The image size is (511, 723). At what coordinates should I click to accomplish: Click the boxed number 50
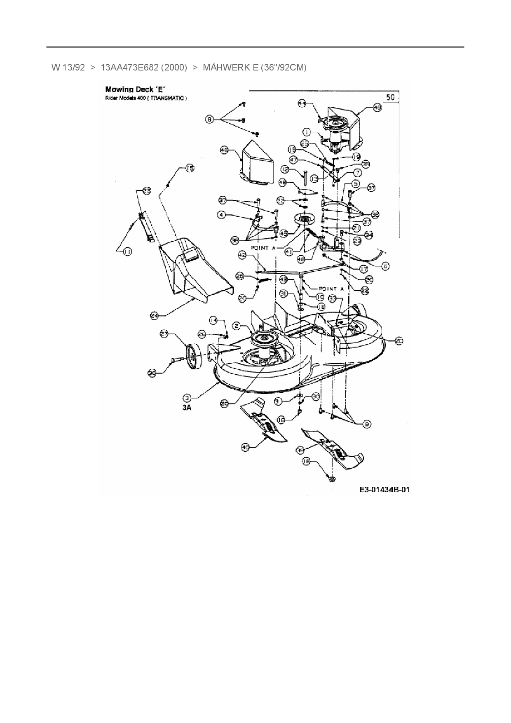[x=391, y=97]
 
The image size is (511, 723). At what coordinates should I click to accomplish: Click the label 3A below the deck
[x=188, y=408]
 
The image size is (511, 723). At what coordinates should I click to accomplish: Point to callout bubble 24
[x=154, y=316]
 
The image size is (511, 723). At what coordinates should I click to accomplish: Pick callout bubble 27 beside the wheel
[x=164, y=334]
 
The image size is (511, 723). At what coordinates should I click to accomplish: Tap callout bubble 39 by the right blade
[x=300, y=450]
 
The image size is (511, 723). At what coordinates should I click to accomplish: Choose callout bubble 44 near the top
[x=302, y=104]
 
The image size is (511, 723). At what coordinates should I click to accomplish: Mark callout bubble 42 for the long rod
[x=242, y=256]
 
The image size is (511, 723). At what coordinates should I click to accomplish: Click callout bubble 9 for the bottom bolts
[x=367, y=424]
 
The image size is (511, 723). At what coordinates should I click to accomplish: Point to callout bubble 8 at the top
[x=210, y=120]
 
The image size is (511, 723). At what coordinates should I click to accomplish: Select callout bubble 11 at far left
[x=127, y=251]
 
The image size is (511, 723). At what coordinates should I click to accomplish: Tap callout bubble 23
[x=147, y=190]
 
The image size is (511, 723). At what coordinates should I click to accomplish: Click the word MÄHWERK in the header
[x=225, y=68]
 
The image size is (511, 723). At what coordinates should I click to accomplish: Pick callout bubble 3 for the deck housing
[x=187, y=398]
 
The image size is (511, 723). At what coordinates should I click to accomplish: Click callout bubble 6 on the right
[x=385, y=266]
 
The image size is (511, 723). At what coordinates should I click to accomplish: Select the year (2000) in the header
[x=175, y=68]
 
